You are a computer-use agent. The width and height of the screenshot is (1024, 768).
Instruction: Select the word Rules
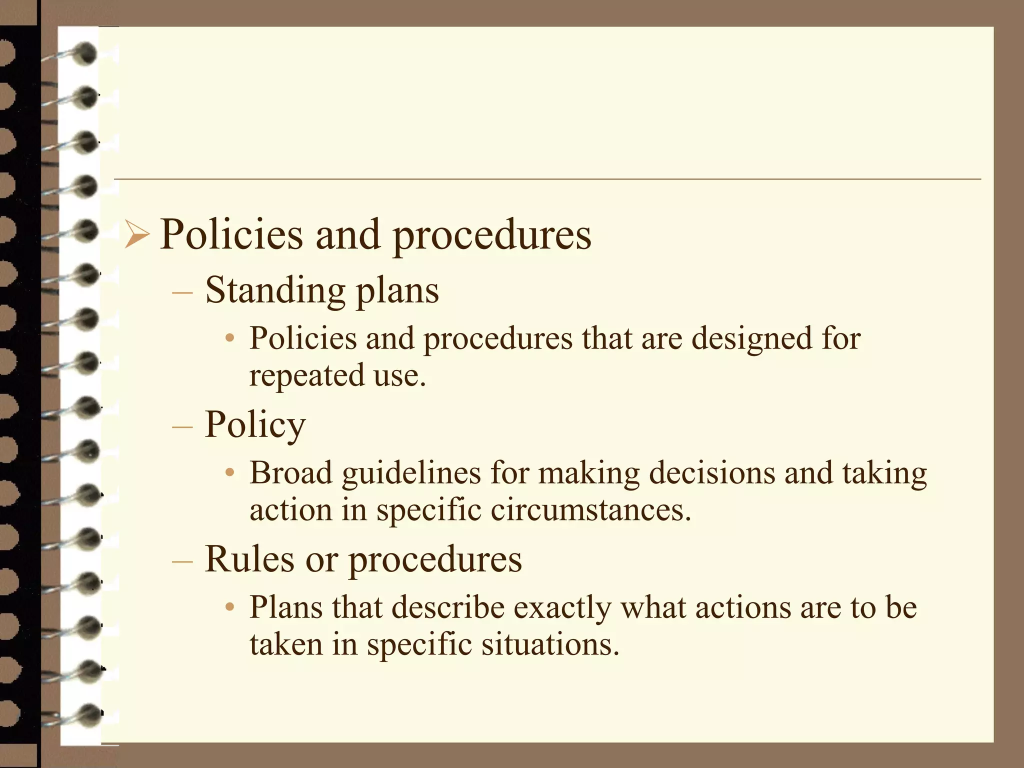click(249, 559)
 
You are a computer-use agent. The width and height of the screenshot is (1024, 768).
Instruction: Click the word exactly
click(562, 608)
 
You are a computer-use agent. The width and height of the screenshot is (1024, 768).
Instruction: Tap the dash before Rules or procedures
click(182, 560)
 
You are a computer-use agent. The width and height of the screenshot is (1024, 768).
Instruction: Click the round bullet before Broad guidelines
click(229, 473)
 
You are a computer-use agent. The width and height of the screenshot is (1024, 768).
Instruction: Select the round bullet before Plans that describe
click(229, 607)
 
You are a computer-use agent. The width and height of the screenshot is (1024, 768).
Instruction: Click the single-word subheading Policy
click(255, 425)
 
